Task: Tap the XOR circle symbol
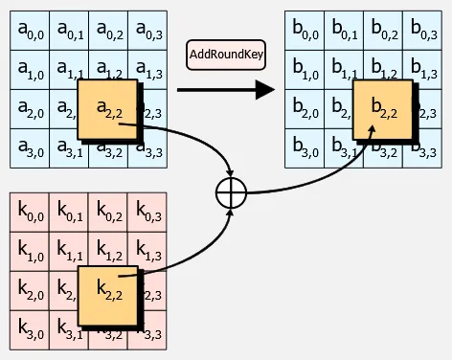[x=232, y=191]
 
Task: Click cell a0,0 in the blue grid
[x=30, y=32]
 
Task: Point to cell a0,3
[x=147, y=32]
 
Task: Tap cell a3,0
[x=30, y=147]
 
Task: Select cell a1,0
[x=30, y=70]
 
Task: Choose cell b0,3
[x=422, y=32]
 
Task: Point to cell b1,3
[x=422, y=70]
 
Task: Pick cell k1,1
[x=69, y=252]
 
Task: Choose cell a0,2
[x=108, y=32]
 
